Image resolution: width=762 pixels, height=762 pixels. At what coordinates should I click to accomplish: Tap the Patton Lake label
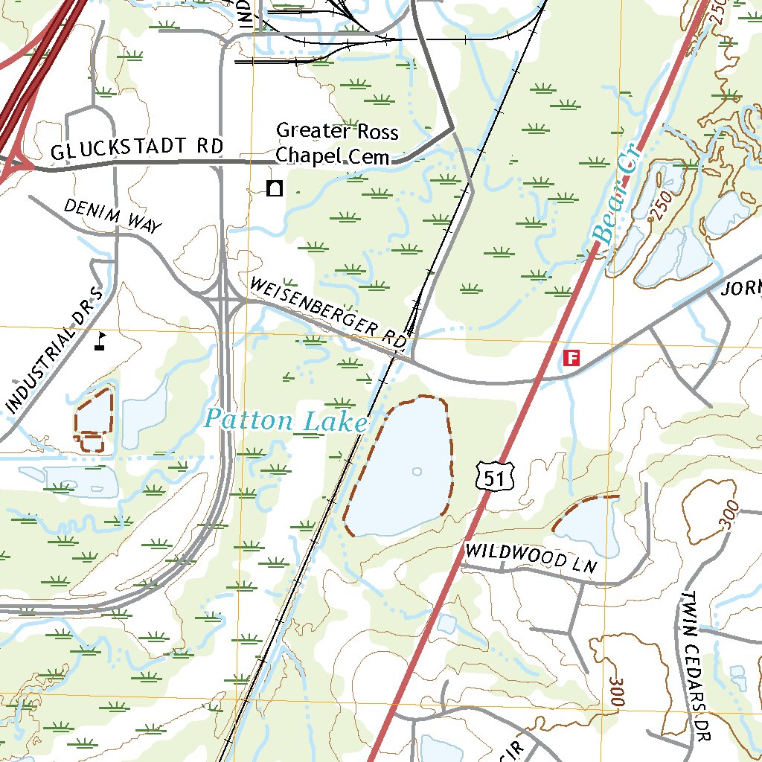(286, 421)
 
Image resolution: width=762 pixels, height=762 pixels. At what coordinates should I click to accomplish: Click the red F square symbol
(571, 358)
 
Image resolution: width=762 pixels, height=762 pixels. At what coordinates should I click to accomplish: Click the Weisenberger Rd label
(327, 313)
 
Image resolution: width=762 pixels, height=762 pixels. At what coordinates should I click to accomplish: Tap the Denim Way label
(112, 217)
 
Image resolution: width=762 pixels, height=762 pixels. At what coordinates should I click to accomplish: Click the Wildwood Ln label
(531, 557)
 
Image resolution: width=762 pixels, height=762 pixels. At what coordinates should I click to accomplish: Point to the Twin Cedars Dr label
(696, 667)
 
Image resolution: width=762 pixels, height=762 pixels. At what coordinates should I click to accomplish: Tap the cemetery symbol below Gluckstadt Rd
(275, 188)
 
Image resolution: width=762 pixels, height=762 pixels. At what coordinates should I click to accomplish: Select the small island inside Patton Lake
(416, 471)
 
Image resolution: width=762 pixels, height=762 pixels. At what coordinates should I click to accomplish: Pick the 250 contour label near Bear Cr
(659, 205)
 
